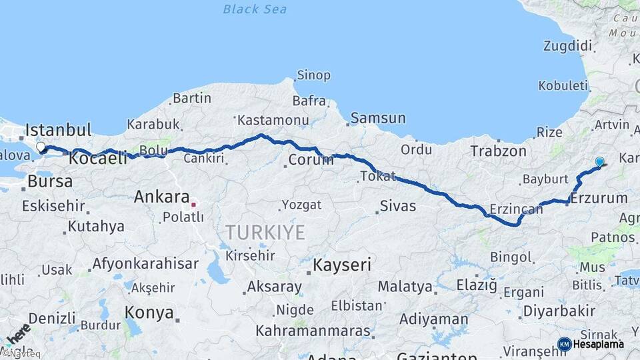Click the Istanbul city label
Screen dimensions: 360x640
tap(58, 129)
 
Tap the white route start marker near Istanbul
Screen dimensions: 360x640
tap(41, 147)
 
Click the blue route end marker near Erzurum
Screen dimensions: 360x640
tap(599, 161)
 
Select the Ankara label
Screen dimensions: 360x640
tap(161, 197)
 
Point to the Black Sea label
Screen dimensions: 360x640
tap(255, 9)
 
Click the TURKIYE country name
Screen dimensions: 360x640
tap(265, 233)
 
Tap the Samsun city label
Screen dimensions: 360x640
tap(378, 118)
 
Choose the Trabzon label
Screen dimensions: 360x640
tap(498, 151)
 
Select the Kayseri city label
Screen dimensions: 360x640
tap(342, 265)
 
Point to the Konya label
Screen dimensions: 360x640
tap(149, 313)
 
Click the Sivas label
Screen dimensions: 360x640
tap(398, 206)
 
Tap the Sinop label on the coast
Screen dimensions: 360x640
tap(313, 75)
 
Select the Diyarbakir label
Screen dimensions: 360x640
tap(559, 311)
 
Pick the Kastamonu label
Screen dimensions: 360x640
tap(273, 120)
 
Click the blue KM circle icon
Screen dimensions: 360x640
tap(564, 344)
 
